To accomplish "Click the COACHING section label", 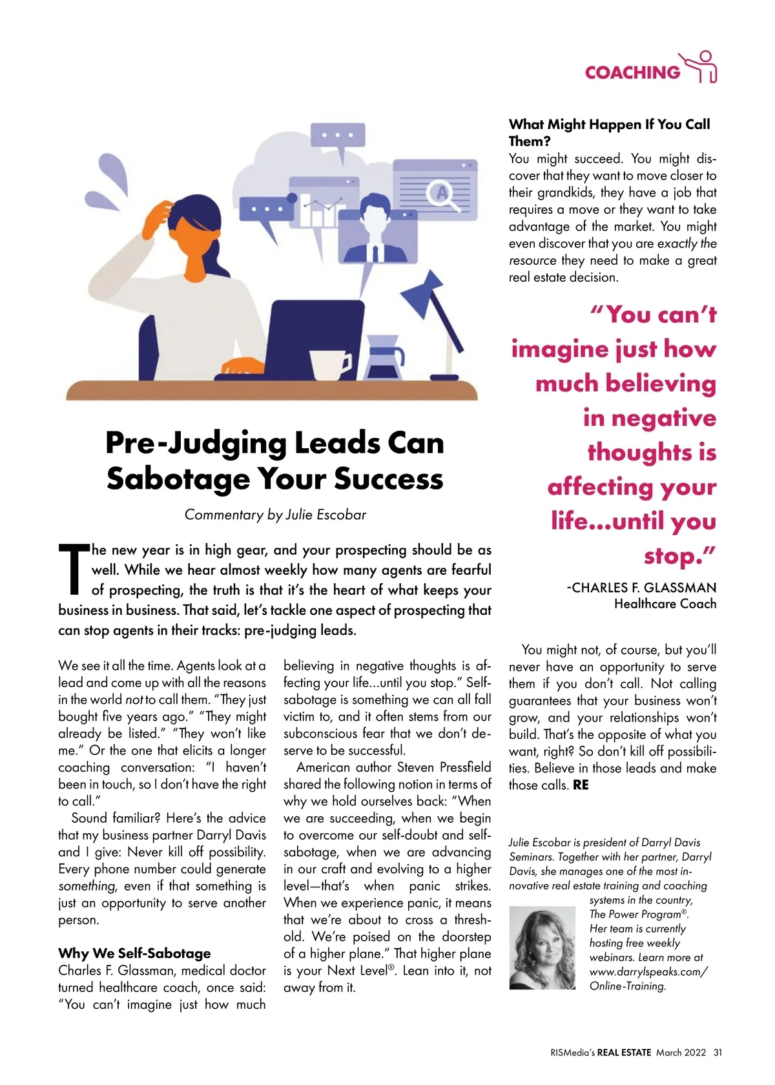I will point(632,72).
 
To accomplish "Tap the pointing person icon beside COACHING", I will point(702,67).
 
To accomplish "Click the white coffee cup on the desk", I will point(330,364).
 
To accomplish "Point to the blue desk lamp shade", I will point(424,291).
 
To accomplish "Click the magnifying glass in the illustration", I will point(445,194).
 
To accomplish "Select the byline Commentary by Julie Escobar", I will point(275,515).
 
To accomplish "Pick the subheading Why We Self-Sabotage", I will point(134,953).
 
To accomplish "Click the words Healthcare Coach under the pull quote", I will point(665,604).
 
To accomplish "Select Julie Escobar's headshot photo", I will point(542,947).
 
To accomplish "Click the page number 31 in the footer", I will point(718,1053).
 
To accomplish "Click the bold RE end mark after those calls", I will point(581,785).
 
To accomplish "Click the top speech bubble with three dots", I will point(338,136).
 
